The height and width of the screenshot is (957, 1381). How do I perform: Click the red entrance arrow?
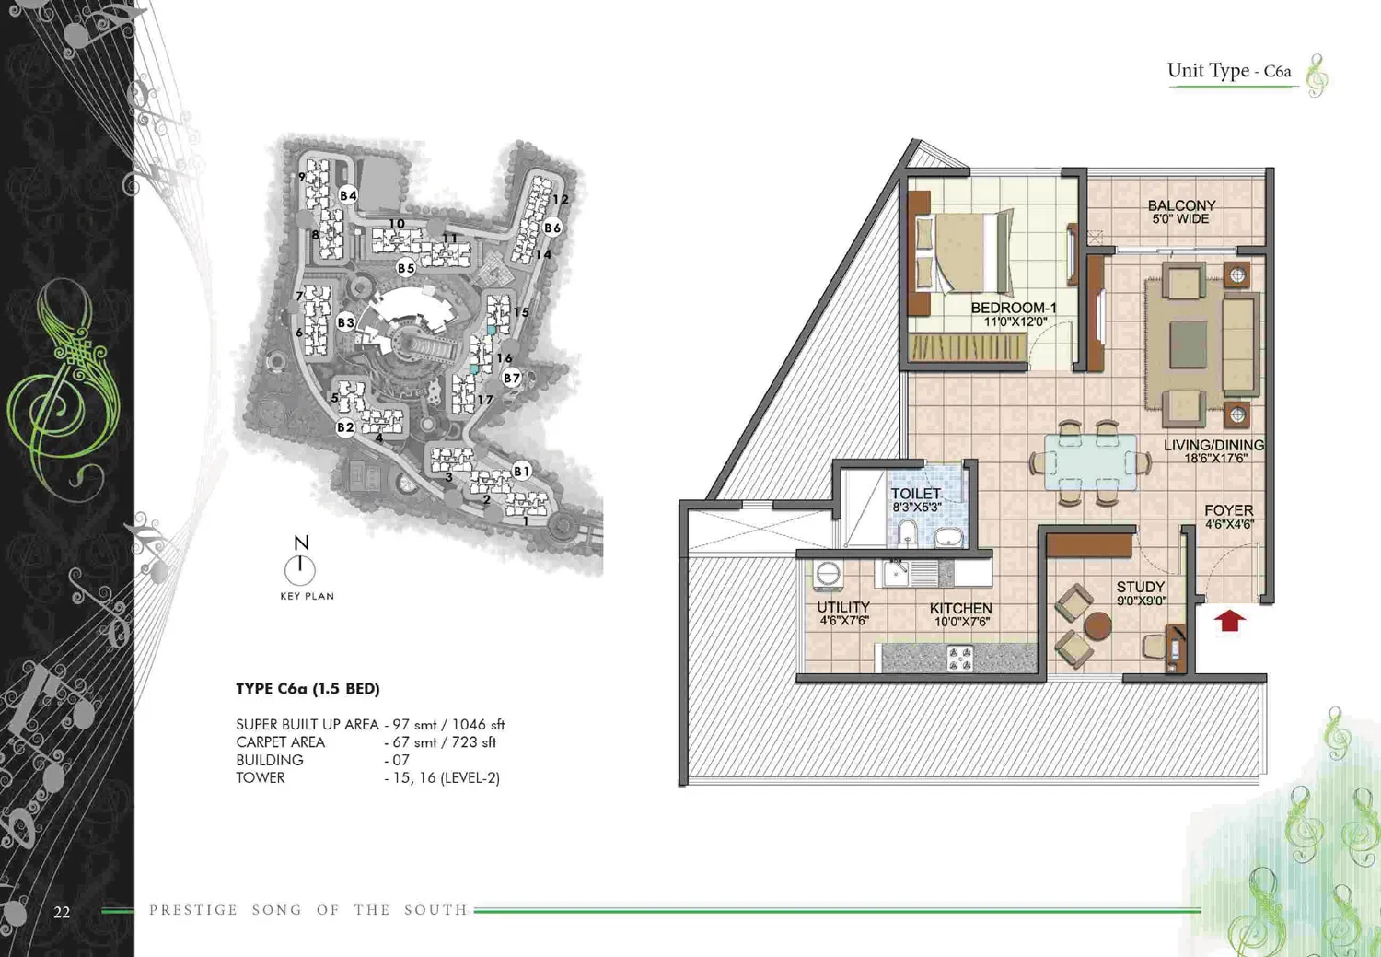(x=1229, y=620)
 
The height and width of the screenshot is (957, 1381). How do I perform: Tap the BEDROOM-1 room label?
(x=1015, y=308)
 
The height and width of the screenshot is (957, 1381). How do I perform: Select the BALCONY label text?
(x=1181, y=205)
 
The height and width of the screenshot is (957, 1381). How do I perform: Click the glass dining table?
(x=1091, y=461)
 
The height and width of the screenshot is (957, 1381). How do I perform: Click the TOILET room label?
(x=916, y=494)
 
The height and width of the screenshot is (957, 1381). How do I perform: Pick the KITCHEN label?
(x=961, y=609)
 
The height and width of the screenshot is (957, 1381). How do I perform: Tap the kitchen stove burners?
(x=960, y=658)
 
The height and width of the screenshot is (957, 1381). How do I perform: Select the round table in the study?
(x=1097, y=625)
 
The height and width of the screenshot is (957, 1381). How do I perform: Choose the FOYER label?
(x=1229, y=510)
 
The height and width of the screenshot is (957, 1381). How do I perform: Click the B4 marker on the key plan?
(x=348, y=195)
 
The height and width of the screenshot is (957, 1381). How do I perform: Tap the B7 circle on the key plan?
(x=512, y=378)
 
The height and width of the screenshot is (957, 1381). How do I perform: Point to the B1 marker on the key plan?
(x=522, y=471)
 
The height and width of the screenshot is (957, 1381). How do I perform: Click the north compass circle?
(x=299, y=570)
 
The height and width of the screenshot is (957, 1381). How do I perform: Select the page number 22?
(x=62, y=912)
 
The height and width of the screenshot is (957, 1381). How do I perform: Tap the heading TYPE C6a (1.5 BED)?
(x=308, y=689)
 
